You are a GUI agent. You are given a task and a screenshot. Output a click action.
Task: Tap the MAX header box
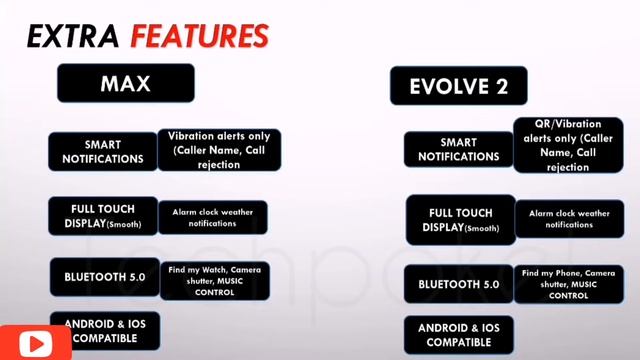coord(125,84)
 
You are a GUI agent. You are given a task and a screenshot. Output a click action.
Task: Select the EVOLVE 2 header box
coord(459,86)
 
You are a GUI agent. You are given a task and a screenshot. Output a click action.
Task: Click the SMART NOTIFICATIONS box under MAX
coord(102,151)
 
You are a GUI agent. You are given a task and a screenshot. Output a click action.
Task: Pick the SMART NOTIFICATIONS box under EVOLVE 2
coord(458,150)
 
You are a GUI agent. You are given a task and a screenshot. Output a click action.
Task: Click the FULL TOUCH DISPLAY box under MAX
coord(102,215)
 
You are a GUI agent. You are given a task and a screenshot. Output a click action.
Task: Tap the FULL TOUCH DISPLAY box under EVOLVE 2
coord(460,219)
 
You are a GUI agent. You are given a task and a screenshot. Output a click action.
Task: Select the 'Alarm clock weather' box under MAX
coord(217,218)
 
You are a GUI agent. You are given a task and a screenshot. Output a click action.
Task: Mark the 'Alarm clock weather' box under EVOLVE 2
coord(568,219)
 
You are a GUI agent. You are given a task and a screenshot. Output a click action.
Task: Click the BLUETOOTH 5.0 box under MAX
coord(104,277)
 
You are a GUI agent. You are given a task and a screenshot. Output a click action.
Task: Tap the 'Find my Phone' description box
coord(568,283)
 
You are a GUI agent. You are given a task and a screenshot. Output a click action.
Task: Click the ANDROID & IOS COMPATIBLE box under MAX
coord(104,330)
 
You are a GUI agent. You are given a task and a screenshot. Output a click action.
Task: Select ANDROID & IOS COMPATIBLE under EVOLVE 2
coord(458,334)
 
